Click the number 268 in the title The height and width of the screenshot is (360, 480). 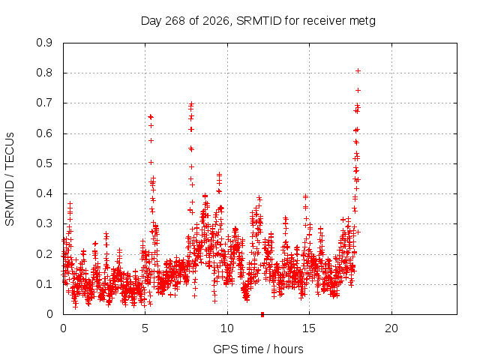175,21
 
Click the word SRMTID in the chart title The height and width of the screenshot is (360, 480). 259,21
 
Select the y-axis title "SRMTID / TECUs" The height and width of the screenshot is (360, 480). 10,179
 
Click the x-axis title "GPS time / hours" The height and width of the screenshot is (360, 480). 258,349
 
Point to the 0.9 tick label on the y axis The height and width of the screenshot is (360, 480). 44,43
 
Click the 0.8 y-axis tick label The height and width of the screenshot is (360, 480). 44,73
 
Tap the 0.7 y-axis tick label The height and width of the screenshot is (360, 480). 44,103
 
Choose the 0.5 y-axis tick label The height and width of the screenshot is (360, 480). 44,163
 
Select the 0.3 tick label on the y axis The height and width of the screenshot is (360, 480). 44,223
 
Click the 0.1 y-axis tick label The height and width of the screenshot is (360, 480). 44,284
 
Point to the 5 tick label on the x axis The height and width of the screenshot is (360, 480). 145,328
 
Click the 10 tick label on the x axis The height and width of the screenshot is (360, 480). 227,328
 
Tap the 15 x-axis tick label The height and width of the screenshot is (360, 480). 309,328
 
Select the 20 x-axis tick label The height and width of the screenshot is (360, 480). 391,328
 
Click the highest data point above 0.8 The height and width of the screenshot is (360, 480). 358,71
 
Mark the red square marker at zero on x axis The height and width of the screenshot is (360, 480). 262,314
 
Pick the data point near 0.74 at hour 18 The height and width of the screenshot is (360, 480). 358,90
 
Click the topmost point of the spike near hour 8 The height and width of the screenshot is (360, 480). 192,103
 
